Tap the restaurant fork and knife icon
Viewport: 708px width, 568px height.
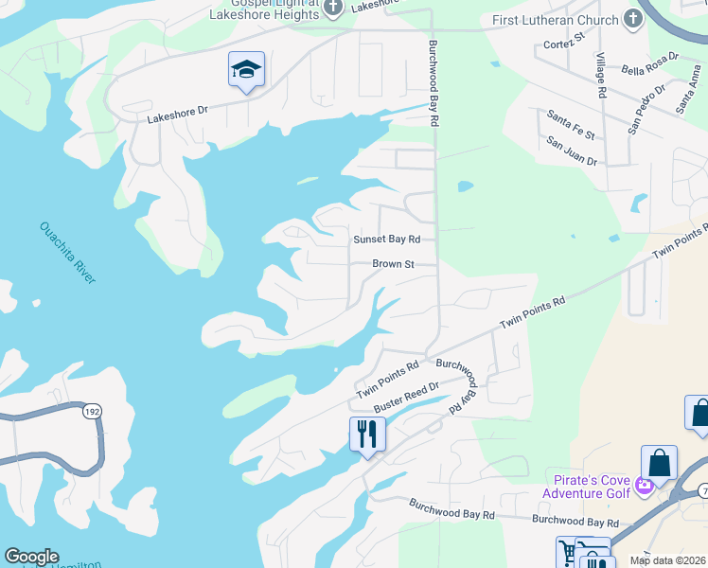pyautogui.click(x=367, y=435)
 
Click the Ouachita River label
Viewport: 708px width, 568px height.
pyautogui.click(x=67, y=252)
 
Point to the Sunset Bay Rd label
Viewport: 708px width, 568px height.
pyautogui.click(x=386, y=240)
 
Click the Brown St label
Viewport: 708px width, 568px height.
pyautogui.click(x=393, y=264)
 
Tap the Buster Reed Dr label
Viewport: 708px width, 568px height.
pyautogui.click(x=407, y=397)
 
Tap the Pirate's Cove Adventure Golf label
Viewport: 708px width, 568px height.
pyautogui.click(x=586, y=487)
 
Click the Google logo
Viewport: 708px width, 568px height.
pyautogui.click(x=30, y=557)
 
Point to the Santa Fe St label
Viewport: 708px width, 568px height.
pyautogui.click(x=570, y=124)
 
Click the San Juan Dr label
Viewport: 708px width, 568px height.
pyautogui.click(x=572, y=150)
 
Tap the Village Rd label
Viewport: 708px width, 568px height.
pyautogui.click(x=600, y=76)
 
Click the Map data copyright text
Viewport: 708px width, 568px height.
pyautogui.click(x=667, y=560)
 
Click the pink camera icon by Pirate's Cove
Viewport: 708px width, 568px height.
pyautogui.click(x=645, y=486)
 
